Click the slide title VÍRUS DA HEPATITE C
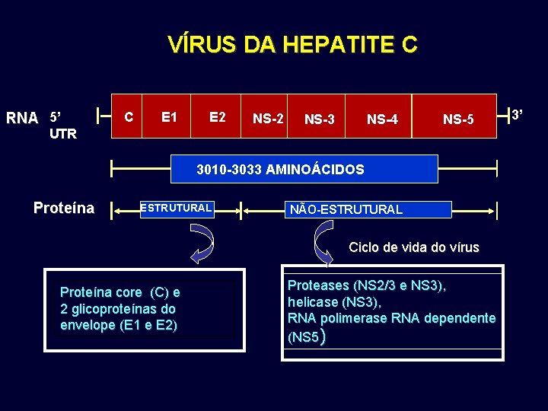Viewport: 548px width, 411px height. [292, 45]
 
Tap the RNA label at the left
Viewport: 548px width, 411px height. [22, 118]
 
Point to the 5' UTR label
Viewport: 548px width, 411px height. [62, 126]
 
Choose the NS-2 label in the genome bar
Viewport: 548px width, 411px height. [268, 119]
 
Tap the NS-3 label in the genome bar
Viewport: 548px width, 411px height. [320, 119]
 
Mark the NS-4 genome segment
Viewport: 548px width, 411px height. [382, 119]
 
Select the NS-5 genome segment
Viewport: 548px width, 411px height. [458, 119]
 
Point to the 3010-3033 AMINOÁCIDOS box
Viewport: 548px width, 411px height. [280, 169]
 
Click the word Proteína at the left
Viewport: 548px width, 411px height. [64, 208]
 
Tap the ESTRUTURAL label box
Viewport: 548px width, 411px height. [176, 208]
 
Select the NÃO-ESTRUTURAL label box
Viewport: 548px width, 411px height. [346, 209]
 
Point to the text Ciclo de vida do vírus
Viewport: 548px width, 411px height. [414, 247]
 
